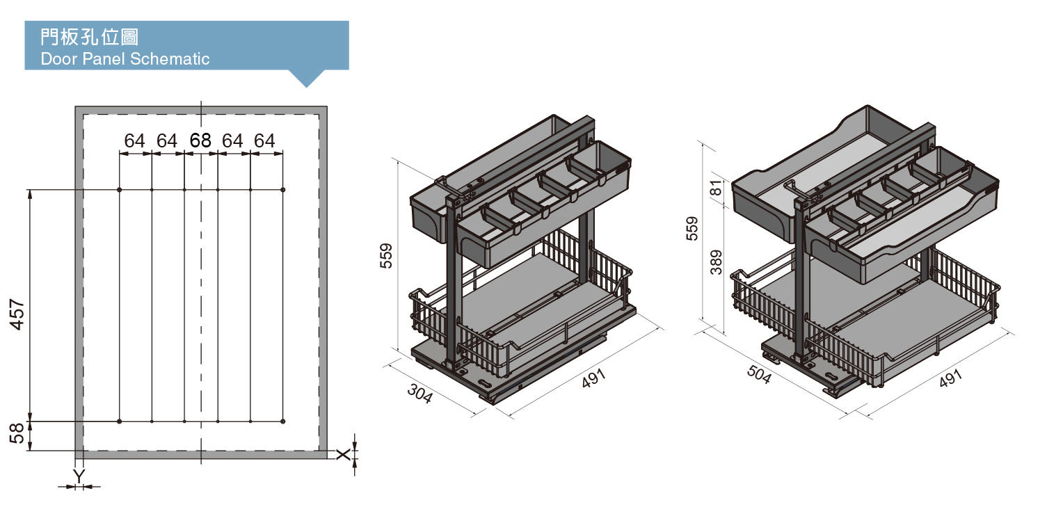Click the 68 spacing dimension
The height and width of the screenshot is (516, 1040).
(200, 140)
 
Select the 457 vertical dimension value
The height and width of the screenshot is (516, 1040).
(17, 314)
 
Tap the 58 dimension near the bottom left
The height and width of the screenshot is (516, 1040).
(17, 433)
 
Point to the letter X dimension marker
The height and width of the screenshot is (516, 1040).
(343, 454)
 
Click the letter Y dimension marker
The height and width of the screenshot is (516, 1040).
(79, 476)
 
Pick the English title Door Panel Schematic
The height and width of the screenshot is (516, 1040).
(125, 59)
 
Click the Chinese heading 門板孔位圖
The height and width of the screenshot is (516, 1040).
(89, 37)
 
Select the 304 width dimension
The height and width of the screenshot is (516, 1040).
(419, 394)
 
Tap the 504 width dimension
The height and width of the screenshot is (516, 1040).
(759, 374)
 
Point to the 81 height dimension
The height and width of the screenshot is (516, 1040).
(717, 188)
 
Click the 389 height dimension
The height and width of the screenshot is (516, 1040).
(717, 262)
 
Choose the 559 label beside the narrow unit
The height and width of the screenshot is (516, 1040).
(386, 256)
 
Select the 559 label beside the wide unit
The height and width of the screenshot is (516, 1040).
(691, 228)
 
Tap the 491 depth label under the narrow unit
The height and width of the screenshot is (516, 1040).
(594, 378)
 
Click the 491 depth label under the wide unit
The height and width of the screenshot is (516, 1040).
(950, 378)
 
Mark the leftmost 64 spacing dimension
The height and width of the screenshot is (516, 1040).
(135, 140)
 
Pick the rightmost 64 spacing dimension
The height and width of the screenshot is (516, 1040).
(264, 140)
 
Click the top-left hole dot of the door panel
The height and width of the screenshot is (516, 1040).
(120, 190)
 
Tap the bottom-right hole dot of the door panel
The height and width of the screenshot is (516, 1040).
(283, 421)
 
